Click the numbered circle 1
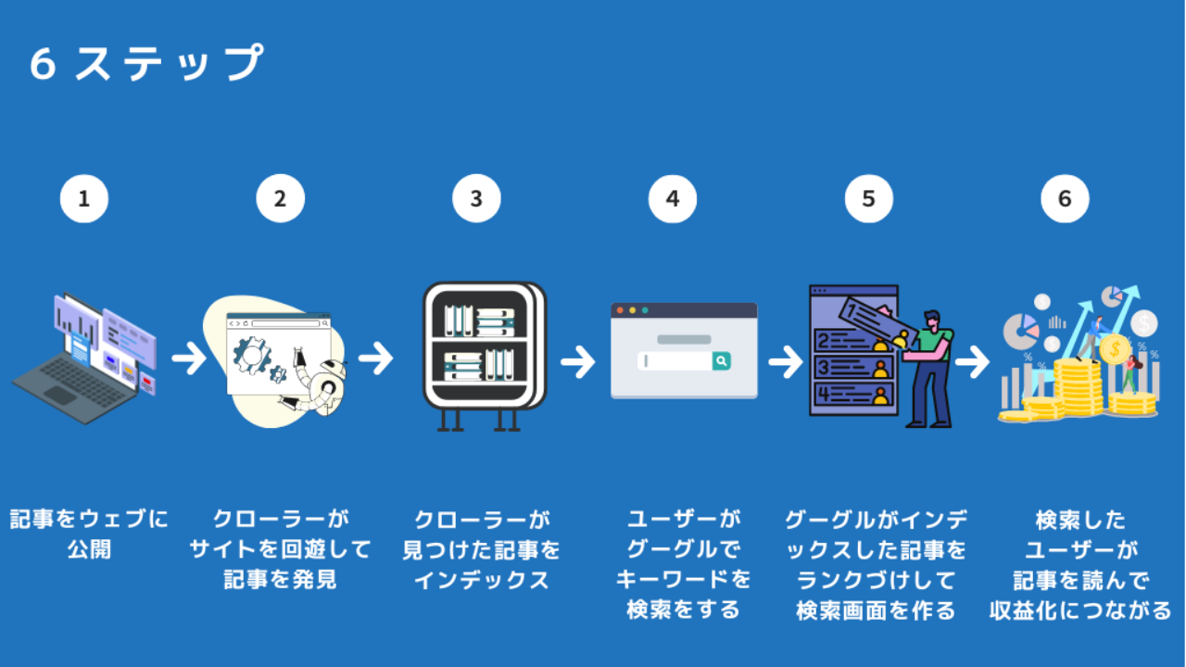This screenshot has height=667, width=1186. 84,199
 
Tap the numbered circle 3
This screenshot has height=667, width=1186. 476,199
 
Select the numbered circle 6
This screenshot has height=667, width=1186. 1065,199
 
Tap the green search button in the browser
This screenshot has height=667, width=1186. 722,361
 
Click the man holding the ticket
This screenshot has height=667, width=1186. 929,366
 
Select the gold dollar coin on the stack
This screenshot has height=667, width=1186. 1115,348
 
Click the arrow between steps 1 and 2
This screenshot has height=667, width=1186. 189,359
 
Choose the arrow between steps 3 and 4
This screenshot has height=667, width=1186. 577,361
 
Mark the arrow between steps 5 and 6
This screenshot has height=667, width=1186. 972,361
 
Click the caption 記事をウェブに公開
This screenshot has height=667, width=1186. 89,534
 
